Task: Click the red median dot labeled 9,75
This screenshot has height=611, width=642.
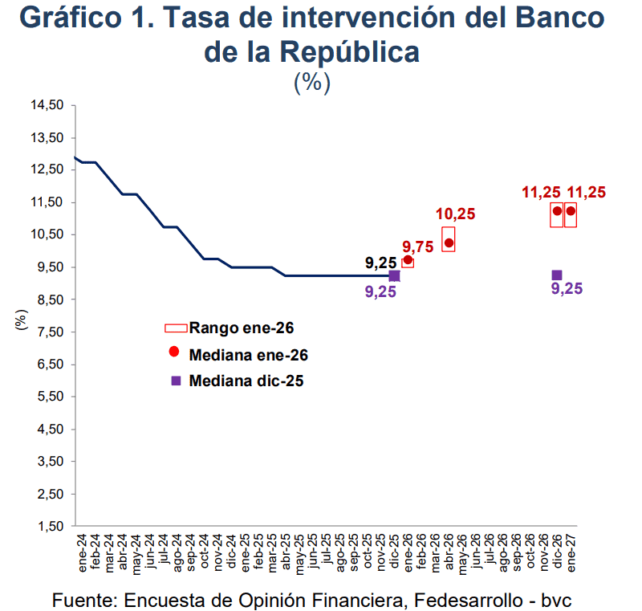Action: click(x=408, y=260)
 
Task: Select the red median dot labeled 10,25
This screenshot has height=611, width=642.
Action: click(x=449, y=242)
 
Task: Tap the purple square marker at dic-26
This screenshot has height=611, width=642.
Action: click(x=557, y=275)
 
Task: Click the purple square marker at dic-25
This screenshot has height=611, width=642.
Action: click(x=394, y=275)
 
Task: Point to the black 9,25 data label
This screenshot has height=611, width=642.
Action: click(x=380, y=263)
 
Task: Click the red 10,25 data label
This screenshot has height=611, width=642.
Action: click(x=455, y=214)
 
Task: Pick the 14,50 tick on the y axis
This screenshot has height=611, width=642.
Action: click(x=47, y=105)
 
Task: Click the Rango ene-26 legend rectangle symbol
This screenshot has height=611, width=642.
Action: click(x=175, y=328)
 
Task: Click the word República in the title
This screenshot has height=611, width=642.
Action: click(x=349, y=51)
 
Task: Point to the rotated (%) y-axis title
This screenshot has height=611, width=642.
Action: click(x=22, y=320)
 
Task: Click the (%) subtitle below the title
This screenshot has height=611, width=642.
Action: click(x=312, y=82)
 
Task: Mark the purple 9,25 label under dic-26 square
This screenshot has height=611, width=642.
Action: click(x=567, y=289)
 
